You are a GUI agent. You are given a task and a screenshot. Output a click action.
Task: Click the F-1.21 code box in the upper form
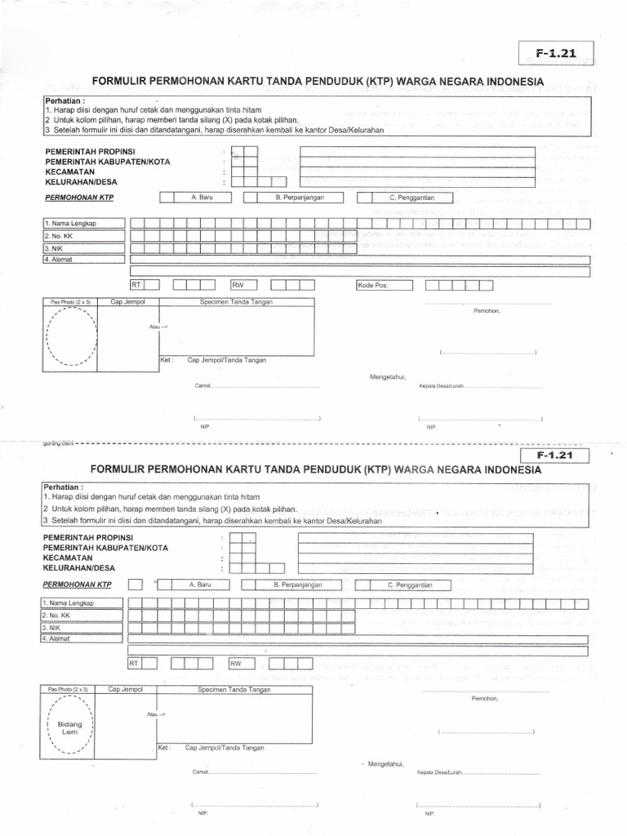click(556, 54)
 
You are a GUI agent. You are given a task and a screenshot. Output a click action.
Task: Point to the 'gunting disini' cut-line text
click(58, 444)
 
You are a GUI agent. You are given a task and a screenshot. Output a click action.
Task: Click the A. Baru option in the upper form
click(201, 198)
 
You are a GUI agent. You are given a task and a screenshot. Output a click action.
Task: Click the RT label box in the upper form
click(136, 285)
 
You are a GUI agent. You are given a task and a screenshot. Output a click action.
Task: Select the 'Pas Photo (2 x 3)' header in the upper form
click(69, 302)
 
